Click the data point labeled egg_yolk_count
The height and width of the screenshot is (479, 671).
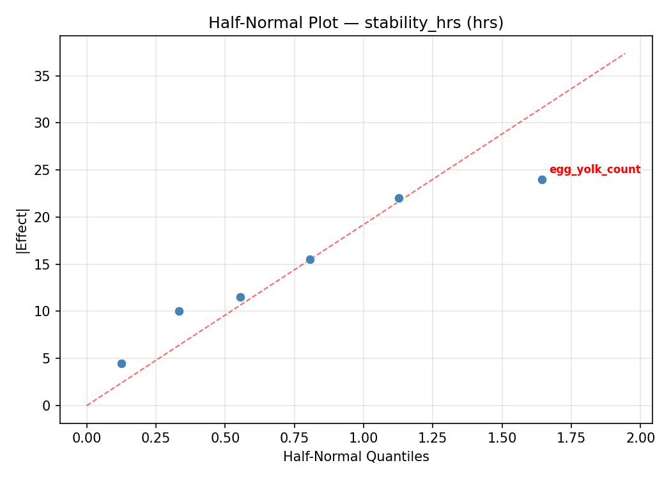[x=542, y=179]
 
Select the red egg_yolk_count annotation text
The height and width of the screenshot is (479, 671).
[x=594, y=169]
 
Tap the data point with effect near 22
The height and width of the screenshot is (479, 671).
[x=399, y=198]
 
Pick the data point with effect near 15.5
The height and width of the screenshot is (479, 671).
[x=310, y=259]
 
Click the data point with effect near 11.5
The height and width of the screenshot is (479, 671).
[x=240, y=297]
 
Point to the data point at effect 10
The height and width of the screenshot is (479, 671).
[x=179, y=311]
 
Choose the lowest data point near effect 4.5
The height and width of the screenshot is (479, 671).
[x=121, y=363]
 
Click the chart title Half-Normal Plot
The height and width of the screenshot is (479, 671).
[x=356, y=23]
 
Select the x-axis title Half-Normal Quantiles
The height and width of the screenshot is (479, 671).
[x=356, y=457]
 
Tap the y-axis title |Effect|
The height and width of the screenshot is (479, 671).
[x=22, y=231]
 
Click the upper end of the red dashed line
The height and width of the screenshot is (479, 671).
[x=625, y=53]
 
